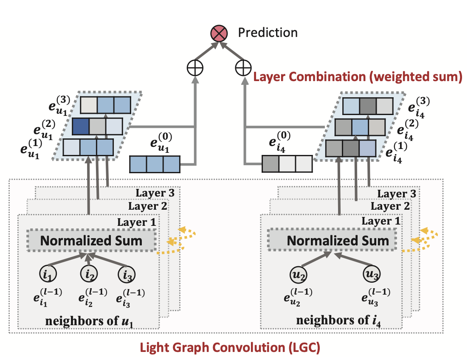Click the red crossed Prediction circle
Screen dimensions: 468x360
pos(219,33)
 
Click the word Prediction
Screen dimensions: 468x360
pos(268,33)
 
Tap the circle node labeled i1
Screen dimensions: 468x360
pos(48,273)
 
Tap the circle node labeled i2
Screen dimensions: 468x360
pos(89,273)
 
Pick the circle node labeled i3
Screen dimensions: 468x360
pos(127,275)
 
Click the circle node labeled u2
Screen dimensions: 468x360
pos(298,274)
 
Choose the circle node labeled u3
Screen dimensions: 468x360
pos(372,273)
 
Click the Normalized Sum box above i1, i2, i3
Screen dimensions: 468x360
pos(91,240)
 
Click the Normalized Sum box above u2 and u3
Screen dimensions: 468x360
pos(332,240)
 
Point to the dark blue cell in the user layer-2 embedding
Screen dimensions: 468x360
pos(81,127)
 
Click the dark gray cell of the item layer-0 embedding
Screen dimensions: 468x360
pos(271,164)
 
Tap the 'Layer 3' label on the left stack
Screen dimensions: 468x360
pos(155,193)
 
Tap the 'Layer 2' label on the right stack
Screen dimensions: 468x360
pos(390,206)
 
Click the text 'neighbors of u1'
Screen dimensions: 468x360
pos(89,321)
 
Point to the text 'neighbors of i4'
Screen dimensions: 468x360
pos(338,321)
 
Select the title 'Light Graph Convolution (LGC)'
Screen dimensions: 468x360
pos(230,348)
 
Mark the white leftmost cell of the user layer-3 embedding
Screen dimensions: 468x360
pos(89,105)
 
